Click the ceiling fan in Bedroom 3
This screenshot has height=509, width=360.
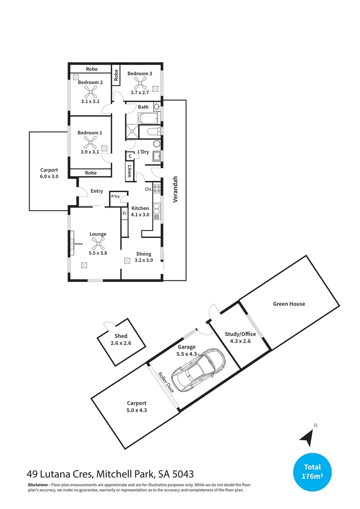pyautogui.click(x=140, y=83)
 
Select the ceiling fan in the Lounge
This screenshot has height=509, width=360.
pyautogui.click(x=98, y=244)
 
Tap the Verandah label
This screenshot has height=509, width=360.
pyautogui.click(x=175, y=189)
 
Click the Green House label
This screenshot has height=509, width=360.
pyautogui.click(x=289, y=304)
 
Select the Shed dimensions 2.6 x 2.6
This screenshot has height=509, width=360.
pyautogui.click(x=121, y=343)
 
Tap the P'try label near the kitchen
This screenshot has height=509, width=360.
pyautogui.click(x=115, y=197)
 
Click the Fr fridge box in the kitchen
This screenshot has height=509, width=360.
pyautogui.click(x=125, y=213)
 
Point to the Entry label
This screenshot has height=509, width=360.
pyautogui.click(x=96, y=191)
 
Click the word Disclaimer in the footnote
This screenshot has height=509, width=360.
pyautogui.click(x=38, y=485)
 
